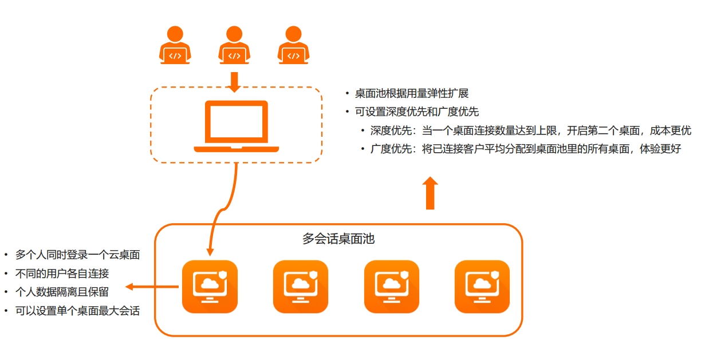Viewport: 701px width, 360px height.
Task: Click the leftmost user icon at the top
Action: [175, 45]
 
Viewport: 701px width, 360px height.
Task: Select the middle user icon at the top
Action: [234, 45]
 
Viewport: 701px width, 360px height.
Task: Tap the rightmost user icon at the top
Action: [293, 45]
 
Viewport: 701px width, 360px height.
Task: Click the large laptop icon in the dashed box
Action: [237, 126]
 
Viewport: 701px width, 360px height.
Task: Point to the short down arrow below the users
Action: [234, 82]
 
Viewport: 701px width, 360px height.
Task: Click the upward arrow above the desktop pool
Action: [430, 193]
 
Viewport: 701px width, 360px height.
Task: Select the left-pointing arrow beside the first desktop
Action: [152, 287]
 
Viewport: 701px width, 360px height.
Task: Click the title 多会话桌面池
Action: [338, 239]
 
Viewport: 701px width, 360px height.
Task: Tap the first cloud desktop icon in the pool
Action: [210, 287]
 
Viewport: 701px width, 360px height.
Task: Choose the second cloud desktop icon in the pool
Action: [301, 287]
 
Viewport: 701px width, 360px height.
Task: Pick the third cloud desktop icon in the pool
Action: [392, 287]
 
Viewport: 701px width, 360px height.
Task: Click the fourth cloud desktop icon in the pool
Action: [482, 287]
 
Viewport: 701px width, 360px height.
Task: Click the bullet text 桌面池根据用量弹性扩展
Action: [412, 93]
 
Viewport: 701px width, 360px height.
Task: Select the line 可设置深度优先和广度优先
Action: [417, 112]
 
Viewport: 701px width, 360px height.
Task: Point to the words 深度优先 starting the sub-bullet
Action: [391, 130]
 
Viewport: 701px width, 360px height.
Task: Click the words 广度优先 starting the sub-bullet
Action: [391, 149]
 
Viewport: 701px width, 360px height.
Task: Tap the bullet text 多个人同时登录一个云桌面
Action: [78, 255]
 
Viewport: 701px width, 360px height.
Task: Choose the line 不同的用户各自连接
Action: [62, 274]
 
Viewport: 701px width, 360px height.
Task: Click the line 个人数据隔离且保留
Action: [62, 292]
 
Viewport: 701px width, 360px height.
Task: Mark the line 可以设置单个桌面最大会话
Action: [78, 311]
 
